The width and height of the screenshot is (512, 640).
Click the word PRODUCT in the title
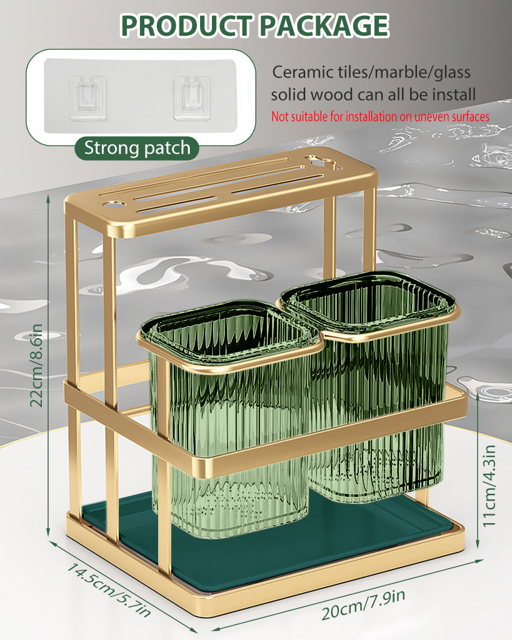[186, 26]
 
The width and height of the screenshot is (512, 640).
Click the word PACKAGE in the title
[324, 26]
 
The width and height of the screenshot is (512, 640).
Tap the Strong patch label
[137, 147]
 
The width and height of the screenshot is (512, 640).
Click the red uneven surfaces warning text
[380, 117]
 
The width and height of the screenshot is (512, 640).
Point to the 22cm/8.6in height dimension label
[36, 365]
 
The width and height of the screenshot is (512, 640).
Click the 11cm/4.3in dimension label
[489, 486]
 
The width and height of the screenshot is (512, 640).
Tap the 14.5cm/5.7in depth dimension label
[109, 590]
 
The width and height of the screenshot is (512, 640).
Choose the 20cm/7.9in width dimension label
[363, 605]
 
